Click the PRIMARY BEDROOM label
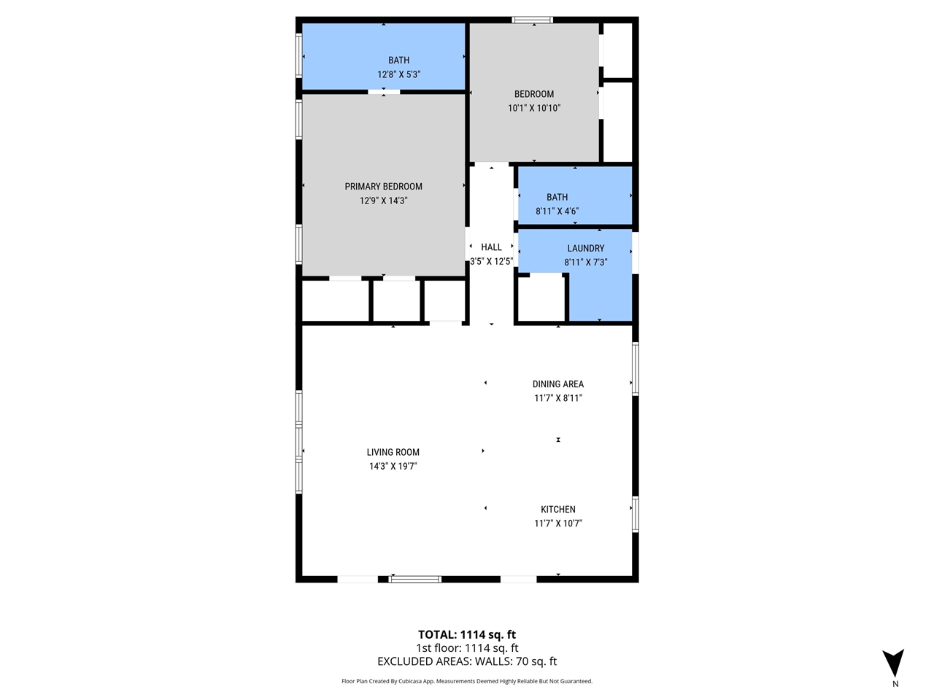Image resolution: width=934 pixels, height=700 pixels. pos(383,187)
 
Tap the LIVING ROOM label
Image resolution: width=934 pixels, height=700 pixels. pos(393,452)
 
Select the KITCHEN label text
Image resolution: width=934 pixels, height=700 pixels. pos(557,510)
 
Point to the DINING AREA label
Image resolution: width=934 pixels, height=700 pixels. pos(557,384)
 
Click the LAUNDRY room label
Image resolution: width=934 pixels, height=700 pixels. pos(585,249)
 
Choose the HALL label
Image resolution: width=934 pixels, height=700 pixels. pos(491,248)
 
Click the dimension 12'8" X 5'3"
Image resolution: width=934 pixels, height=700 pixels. pos(398,74)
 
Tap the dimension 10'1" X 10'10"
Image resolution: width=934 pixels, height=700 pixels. pos(534,108)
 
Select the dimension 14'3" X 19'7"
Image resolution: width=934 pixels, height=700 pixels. pos(393,467)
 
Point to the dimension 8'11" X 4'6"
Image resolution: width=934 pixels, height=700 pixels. pos(557,211)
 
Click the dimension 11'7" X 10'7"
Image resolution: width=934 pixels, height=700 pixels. pos(557,524)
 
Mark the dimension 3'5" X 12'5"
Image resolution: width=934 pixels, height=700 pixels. pos(491,261)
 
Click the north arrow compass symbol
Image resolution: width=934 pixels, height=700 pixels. pos(893,663)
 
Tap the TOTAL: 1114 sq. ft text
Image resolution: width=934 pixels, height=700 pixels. pos(466,634)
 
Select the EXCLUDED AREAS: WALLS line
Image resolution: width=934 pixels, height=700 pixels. pos(466,662)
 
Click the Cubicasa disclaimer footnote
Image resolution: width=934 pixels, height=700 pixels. pos(466,681)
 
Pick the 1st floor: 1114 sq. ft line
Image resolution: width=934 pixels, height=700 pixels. pos(466,648)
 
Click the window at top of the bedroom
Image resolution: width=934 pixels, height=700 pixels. pos(533,20)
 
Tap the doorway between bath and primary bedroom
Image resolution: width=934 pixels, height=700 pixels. pos(384,91)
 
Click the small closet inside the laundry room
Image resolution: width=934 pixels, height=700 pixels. pos(541,297)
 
